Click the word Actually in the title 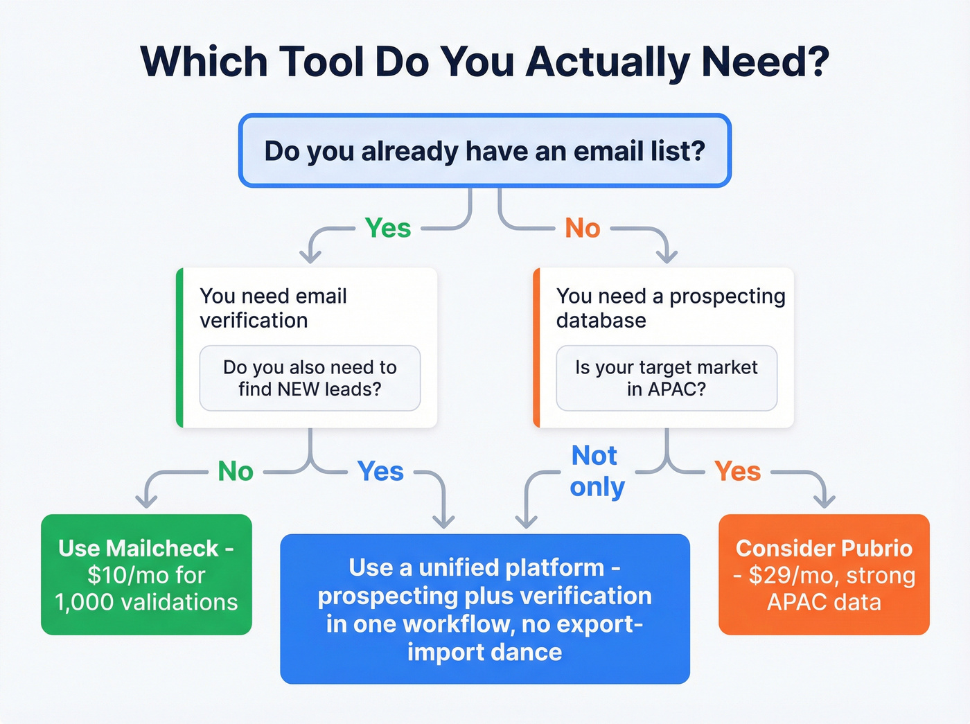pos(607,62)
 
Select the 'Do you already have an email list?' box pos(484,151)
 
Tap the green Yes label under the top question pos(388,228)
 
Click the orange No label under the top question pos(582,228)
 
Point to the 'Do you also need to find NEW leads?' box pos(310,378)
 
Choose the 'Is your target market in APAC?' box pos(667,378)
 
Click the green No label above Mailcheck pos(236,471)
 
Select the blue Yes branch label pos(380,471)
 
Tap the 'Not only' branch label pos(597,471)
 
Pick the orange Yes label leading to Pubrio pos(737,471)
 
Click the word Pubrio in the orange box pos(876,549)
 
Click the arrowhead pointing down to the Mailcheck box pos(146,501)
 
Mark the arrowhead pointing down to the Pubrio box pos(824,500)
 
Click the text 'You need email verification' pos(273,308)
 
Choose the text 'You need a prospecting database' pos(670,308)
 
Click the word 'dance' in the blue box pos(533,652)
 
